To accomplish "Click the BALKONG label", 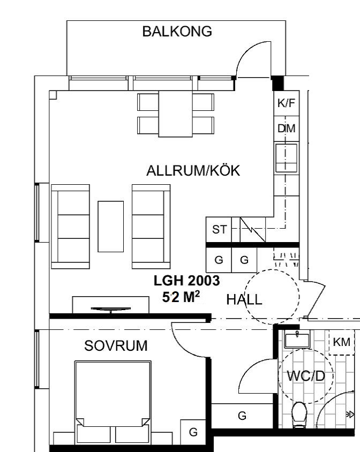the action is [x=177, y=32].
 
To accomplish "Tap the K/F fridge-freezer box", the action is [x=287, y=103].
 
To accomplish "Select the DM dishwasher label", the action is [x=287, y=129].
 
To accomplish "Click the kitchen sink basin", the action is [x=286, y=158].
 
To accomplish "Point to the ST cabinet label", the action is [x=220, y=229].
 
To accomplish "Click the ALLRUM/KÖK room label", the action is [x=193, y=170].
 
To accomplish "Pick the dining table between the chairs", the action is [x=175, y=114].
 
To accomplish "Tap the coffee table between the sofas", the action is [x=111, y=227].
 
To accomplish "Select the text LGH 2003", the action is [x=186, y=281].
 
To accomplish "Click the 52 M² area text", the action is [x=181, y=297].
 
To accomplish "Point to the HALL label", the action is [x=244, y=299].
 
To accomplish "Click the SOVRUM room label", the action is [x=116, y=345].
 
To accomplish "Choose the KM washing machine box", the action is [x=342, y=342].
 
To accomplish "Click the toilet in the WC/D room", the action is [x=299, y=415].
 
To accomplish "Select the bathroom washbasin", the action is [x=297, y=340].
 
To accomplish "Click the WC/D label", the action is [x=306, y=376].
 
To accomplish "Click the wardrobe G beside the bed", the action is [x=193, y=432].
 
